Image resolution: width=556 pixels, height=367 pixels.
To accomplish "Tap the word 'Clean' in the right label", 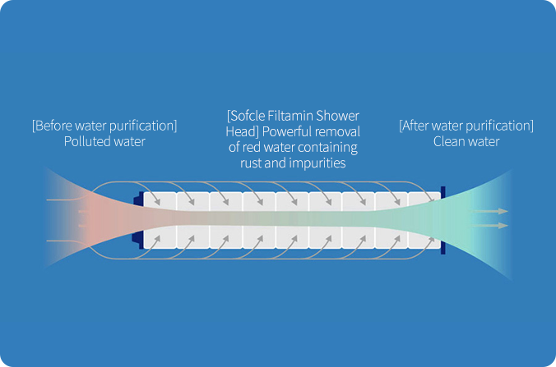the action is tap(448, 141).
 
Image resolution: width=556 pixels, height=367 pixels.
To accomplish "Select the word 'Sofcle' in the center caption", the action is tap(246, 116).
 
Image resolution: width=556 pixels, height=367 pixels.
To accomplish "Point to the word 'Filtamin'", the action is tap(290, 116).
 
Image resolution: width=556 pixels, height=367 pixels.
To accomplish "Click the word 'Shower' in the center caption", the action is tap(337, 116).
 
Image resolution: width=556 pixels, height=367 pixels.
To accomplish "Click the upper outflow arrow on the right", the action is tap(490, 211).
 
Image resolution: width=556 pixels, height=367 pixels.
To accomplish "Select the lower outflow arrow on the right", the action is tap(490, 226).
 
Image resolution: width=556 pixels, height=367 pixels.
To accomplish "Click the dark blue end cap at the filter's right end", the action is tap(442, 220).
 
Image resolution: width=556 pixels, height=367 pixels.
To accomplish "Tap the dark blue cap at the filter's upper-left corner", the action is tap(139, 199).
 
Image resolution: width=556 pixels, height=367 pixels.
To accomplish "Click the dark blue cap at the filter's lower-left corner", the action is tap(138, 239).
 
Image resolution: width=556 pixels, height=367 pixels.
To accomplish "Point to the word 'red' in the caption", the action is tap(252, 147).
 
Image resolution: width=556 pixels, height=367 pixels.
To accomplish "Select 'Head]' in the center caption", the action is tap(243, 131).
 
